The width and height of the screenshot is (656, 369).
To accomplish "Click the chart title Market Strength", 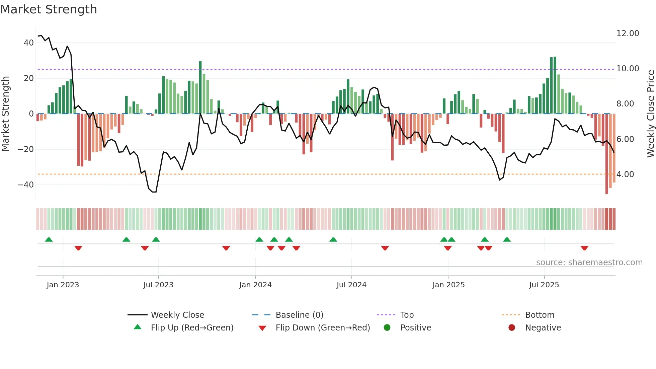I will pos(49,9).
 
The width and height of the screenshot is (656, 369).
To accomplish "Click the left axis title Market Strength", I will pos(5,114).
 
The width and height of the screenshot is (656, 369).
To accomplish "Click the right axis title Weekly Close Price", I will pos(650,114).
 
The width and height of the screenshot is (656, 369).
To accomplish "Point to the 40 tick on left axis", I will pos(29,43).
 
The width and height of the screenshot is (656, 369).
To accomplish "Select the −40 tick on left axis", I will pos(26,185).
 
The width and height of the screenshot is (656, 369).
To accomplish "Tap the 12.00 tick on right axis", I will pos(628,33).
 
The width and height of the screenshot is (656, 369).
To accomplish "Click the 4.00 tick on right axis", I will pos(625,174).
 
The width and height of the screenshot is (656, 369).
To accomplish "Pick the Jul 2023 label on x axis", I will pos(158,285).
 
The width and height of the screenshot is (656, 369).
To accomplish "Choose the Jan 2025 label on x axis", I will pos(448,285).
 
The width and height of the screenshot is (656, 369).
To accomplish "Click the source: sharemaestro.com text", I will pos(589,263).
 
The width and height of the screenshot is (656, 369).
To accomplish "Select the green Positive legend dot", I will pos(387,328).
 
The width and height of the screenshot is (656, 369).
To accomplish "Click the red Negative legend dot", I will pos(512,328).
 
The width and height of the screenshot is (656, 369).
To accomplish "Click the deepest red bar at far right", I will pos(606,154).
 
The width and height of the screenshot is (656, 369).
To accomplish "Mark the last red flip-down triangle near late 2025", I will pos(584,248).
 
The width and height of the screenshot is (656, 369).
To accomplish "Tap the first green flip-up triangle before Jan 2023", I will pos(49,239).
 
